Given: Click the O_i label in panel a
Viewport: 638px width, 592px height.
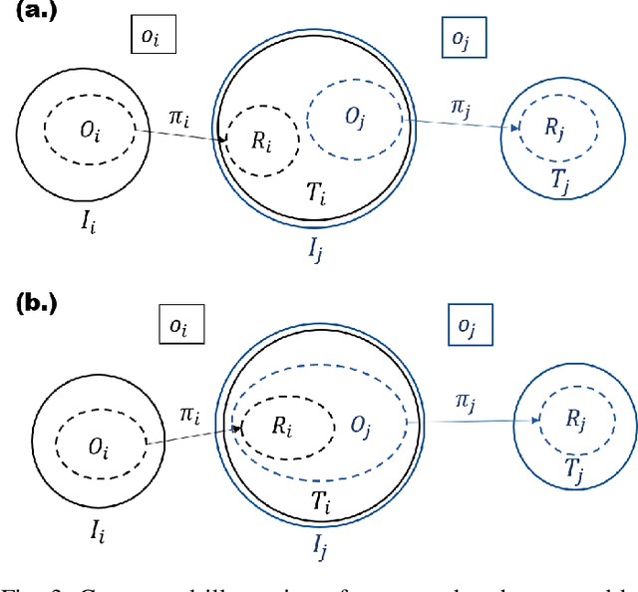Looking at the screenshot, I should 90,131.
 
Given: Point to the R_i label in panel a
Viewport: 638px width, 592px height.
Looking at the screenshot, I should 260,141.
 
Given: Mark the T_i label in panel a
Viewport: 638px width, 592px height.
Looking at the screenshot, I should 315,195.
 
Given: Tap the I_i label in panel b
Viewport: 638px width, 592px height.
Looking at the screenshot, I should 96,531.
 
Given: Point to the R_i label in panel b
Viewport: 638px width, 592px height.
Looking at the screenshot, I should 283,426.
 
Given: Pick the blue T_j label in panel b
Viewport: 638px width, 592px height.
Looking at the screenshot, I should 575,464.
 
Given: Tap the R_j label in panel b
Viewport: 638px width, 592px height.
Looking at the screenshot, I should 575,420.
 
